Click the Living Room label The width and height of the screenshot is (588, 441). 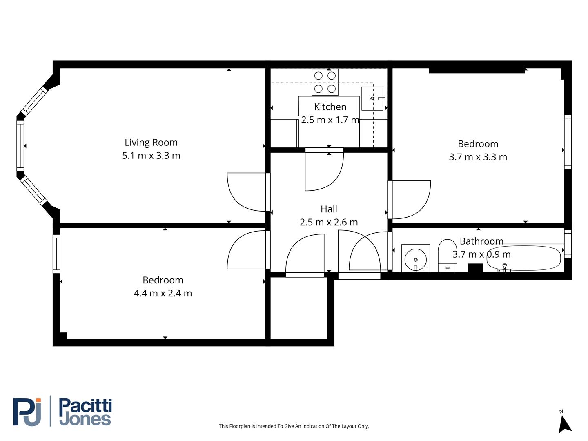click(x=151, y=143)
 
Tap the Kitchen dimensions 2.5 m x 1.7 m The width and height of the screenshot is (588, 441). click(x=330, y=120)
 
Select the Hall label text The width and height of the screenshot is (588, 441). click(x=329, y=209)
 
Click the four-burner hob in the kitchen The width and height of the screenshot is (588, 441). click(x=325, y=82)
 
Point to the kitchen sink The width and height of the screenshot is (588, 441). click(x=372, y=98)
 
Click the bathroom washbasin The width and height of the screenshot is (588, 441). click(x=415, y=258)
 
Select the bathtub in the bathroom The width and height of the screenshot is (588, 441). click(x=523, y=258)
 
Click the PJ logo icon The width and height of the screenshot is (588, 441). click(x=27, y=412)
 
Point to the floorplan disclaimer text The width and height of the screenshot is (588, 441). click(x=294, y=426)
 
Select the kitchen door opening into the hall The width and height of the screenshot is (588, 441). click(x=324, y=169)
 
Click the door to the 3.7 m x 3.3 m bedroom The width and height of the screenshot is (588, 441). click(x=410, y=199)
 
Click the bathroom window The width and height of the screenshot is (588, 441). click(x=568, y=244)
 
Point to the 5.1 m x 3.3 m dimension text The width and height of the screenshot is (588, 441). click(x=151, y=156)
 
